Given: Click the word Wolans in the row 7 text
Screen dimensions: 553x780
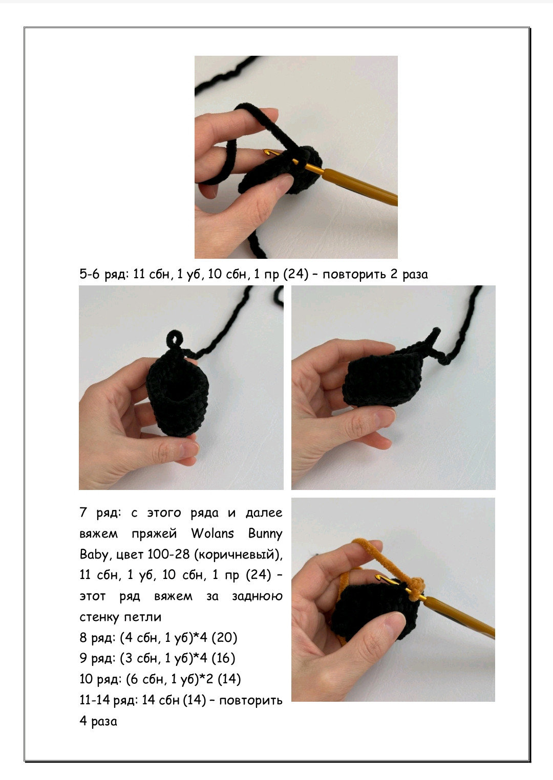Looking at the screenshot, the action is tap(212, 534).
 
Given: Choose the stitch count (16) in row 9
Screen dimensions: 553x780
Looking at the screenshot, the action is tap(223, 658).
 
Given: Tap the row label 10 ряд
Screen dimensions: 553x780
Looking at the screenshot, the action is tap(101, 679).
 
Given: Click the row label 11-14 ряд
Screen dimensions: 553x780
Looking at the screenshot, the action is tap(109, 700).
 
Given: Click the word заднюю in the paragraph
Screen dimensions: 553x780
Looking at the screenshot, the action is tap(258, 596).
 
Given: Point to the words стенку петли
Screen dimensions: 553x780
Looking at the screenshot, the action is tap(120, 617).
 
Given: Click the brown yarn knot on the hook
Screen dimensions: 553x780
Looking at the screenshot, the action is tap(416, 590).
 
